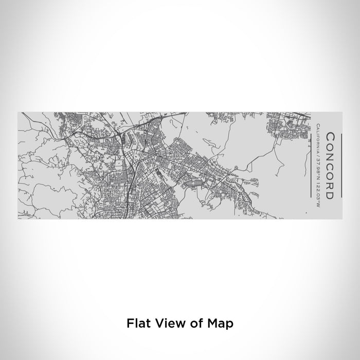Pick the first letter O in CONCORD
[330, 147]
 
